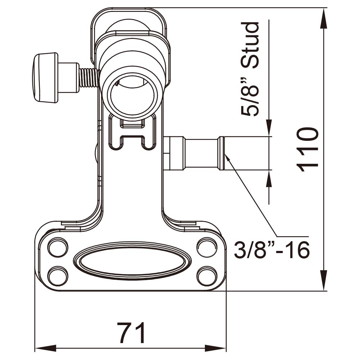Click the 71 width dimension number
tap(131, 333)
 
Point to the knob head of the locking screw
tap(45, 78)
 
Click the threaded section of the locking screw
tap(89, 78)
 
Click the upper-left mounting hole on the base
tap(58, 248)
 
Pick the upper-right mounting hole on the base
tap(206, 248)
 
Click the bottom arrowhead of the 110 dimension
tap(324, 283)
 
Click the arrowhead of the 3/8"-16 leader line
tap(227, 157)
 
